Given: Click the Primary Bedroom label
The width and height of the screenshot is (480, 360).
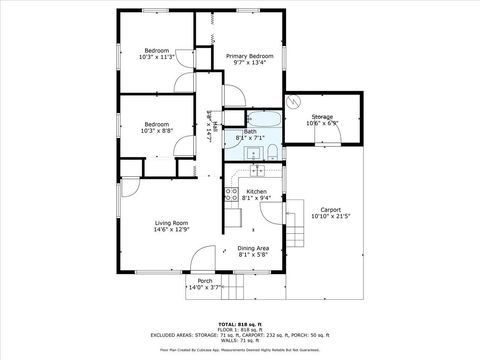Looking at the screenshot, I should pyautogui.click(x=249, y=56).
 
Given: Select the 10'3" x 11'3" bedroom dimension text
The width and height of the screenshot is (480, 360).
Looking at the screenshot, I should pyautogui.click(x=158, y=58).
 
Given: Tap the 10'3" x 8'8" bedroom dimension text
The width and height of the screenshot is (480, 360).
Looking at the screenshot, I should pyautogui.click(x=158, y=131).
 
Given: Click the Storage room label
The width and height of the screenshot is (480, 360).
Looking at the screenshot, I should pyautogui.click(x=322, y=117).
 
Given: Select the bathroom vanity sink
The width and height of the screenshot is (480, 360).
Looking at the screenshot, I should pyautogui.click(x=250, y=154).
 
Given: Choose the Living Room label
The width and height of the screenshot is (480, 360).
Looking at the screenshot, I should pyautogui.click(x=171, y=223).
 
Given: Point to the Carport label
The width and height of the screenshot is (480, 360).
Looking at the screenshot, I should pyautogui.click(x=326, y=209).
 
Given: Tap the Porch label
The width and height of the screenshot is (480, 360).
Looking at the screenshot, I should pyautogui.click(x=205, y=281).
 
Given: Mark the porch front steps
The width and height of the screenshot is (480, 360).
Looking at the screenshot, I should pyautogui.click(x=232, y=290).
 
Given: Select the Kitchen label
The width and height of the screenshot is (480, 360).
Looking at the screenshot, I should pyautogui.click(x=256, y=191).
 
